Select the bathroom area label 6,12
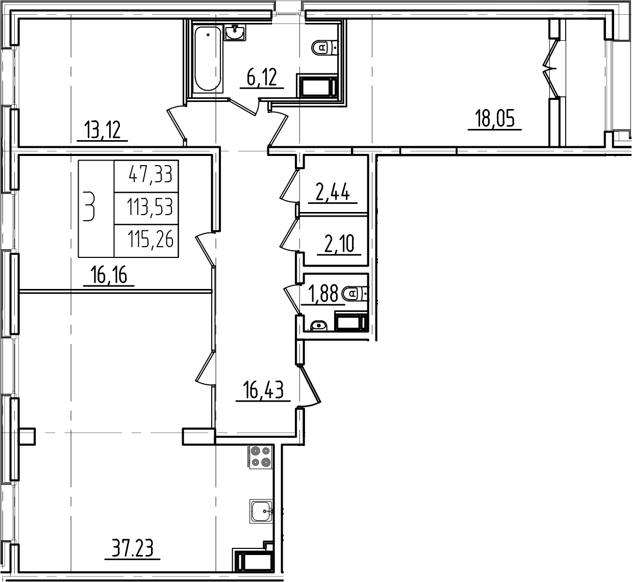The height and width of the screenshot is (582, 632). pyautogui.click(x=261, y=78)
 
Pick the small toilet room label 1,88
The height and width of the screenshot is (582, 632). pyautogui.click(x=322, y=294)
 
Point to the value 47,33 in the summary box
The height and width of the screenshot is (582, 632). pyautogui.click(x=150, y=176)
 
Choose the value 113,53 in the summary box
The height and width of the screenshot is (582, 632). pyautogui.click(x=150, y=207)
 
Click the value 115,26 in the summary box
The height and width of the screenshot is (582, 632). pyautogui.click(x=150, y=239)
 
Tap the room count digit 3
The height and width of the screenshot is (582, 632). pyautogui.click(x=89, y=206)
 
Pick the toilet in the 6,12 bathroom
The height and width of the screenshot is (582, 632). pyautogui.click(x=324, y=47)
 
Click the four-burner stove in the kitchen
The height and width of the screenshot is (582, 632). pyautogui.click(x=260, y=457)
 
